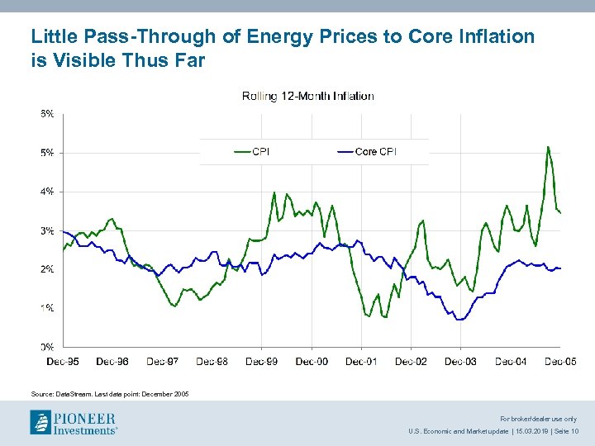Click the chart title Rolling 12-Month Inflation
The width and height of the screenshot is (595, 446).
[x=307, y=96]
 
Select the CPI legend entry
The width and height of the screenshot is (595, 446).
[x=259, y=151]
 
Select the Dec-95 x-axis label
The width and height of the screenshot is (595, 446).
[x=63, y=361]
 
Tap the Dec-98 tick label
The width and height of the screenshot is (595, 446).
[x=212, y=361]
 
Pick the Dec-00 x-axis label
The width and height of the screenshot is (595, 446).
[x=312, y=361]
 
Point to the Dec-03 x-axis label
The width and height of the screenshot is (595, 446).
[x=460, y=361]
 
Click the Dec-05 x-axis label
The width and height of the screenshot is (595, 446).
[x=559, y=361]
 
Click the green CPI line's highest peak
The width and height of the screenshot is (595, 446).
[x=548, y=147]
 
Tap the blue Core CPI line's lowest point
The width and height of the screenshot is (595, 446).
[x=459, y=319]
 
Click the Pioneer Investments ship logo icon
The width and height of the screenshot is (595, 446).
[x=41, y=423]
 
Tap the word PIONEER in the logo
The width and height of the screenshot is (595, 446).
[x=85, y=418]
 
